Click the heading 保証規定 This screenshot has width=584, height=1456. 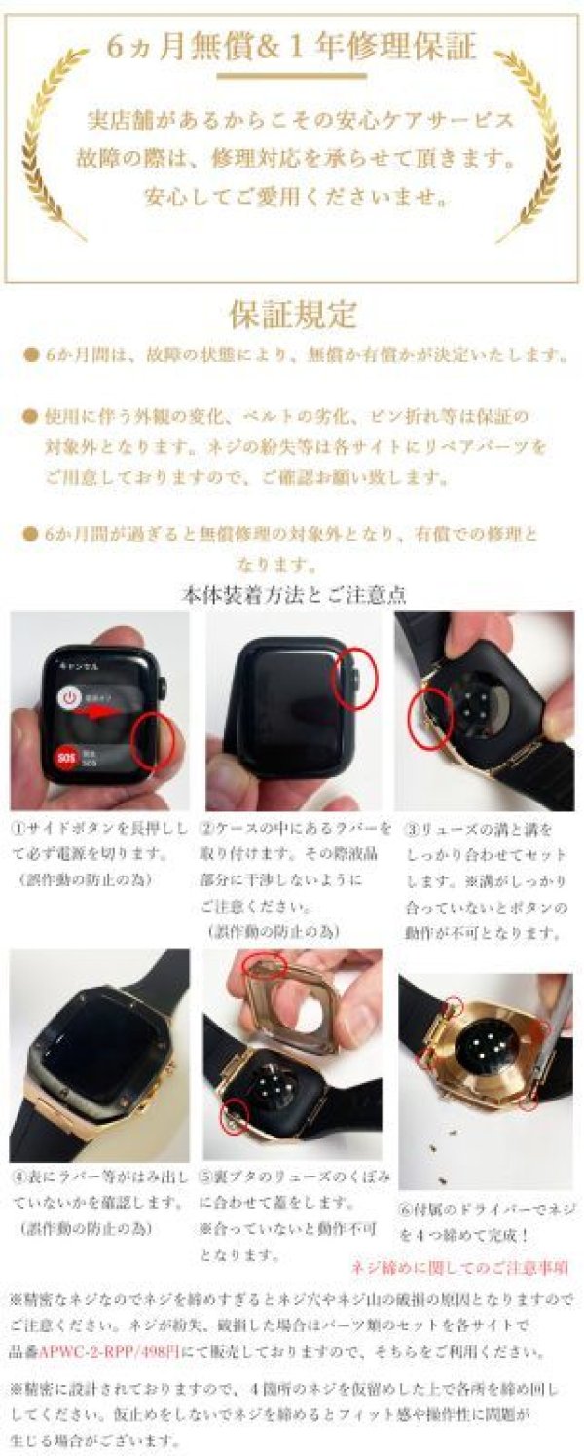(293, 314)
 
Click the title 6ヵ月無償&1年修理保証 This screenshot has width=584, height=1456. (292, 47)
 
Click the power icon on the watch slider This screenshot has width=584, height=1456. (68, 697)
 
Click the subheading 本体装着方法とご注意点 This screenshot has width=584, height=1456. (293, 593)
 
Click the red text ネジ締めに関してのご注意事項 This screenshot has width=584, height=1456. (459, 1267)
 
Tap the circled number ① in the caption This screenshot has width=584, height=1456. (18, 830)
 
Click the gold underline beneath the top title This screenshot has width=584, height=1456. (292, 75)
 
